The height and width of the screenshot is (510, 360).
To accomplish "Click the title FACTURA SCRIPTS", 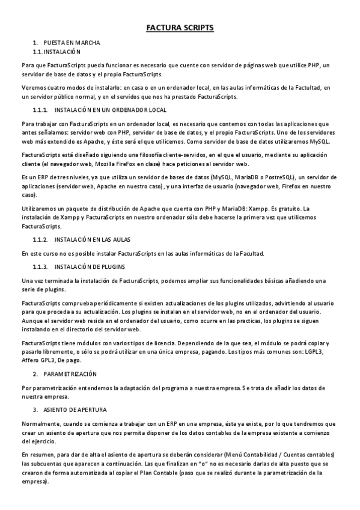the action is [x=180, y=28].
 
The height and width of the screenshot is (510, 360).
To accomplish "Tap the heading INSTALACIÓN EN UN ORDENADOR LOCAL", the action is [x=110, y=111].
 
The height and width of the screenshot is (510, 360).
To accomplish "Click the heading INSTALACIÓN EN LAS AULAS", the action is [x=97, y=240].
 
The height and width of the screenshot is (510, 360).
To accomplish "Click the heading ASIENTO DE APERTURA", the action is [x=75, y=410].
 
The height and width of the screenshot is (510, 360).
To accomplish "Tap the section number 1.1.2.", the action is [x=40, y=240].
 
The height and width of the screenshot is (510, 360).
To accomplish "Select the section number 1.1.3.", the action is [x=40, y=266].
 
